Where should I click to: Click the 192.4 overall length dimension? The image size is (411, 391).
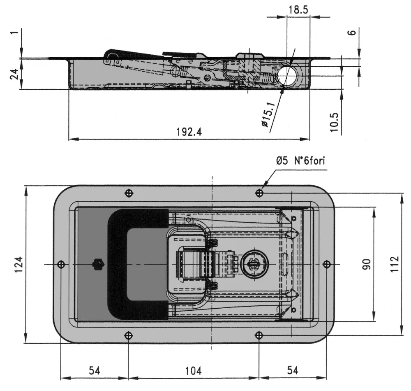[189, 132]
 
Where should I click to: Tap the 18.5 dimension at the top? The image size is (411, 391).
[298, 10]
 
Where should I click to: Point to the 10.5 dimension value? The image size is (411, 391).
[334, 122]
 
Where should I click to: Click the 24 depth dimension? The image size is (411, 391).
[14, 74]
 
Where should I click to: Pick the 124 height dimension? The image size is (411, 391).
[18, 265]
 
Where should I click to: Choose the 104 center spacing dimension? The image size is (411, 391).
[194, 371]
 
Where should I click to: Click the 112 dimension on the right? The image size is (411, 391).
[394, 264]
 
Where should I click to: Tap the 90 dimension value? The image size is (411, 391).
[367, 264]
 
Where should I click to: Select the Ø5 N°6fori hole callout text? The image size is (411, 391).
[300, 161]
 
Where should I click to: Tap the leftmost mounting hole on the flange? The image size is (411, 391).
[61, 264]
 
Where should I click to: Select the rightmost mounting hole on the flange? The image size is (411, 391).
[327, 264]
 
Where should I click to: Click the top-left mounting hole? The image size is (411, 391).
[129, 193]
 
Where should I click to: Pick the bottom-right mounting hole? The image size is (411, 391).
[259, 335]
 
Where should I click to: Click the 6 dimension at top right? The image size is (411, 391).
[353, 32]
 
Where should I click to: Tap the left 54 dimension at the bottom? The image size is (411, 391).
[95, 371]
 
